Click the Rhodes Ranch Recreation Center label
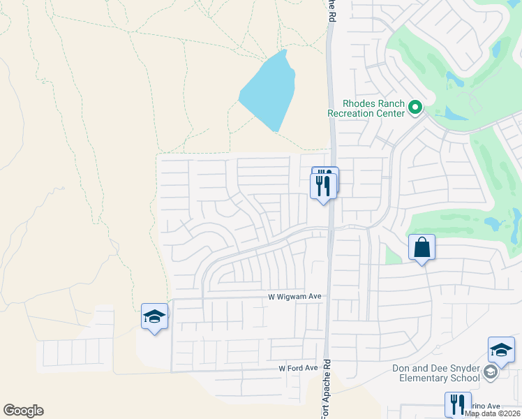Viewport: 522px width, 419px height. (366, 108)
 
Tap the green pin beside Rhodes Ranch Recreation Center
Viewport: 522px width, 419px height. (415, 108)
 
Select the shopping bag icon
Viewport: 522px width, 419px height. (422, 247)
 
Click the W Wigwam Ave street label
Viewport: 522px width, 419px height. (294, 297)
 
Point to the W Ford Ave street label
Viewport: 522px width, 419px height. (298, 368)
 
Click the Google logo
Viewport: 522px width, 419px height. (23, 411)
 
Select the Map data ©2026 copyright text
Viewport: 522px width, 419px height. (493, 413)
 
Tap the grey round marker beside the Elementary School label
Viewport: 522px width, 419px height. (491, 373)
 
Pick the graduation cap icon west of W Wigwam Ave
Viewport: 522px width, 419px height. (154, 317)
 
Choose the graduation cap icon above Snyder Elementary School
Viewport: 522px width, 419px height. (501, 350)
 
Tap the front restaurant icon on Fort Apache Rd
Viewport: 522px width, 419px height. (323, 185)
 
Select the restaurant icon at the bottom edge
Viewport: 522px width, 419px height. (458, 404)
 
